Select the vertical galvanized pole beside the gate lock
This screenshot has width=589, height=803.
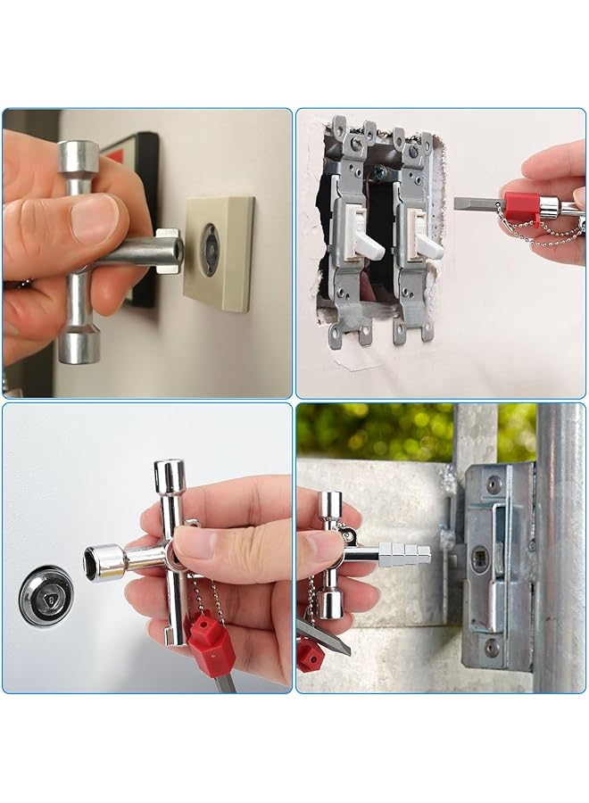tap(560, 544)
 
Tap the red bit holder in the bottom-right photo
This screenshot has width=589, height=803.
tap(311, 656)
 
